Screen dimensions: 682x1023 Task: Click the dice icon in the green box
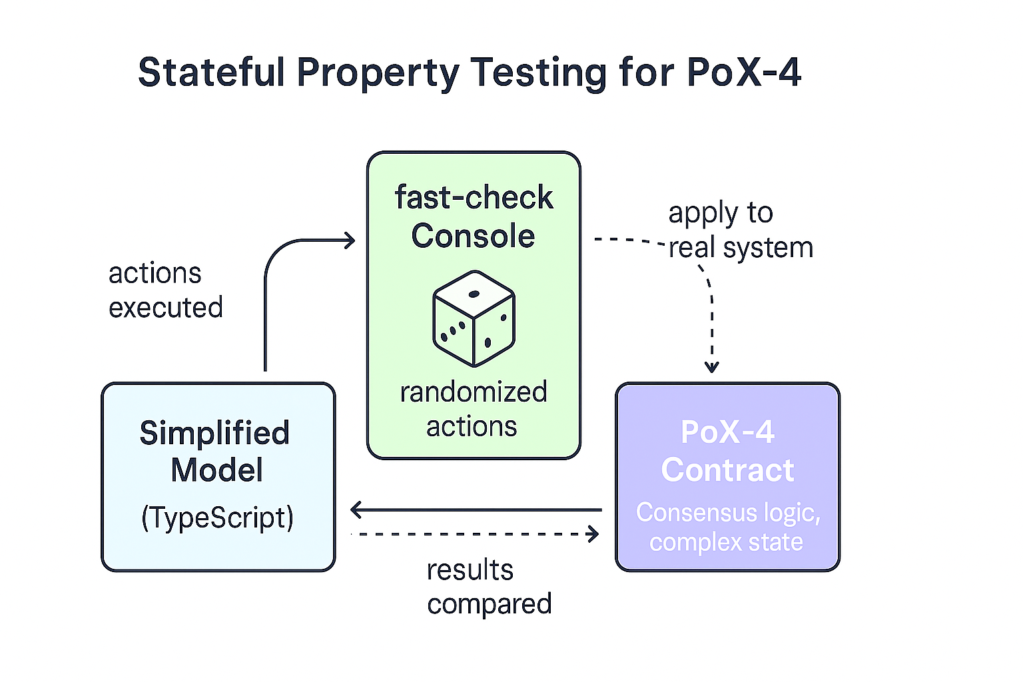(474, 318)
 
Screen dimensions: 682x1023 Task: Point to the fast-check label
(474, 197)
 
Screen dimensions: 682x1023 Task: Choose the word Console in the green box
(473, 236)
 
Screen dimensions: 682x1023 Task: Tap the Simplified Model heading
(216, 452)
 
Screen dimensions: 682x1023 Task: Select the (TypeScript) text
(217, 518)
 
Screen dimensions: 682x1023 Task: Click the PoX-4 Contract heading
(727, 451)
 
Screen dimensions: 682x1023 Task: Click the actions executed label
(165, 290)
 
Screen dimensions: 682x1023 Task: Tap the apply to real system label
(739, 230)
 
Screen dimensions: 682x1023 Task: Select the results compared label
(489, 587)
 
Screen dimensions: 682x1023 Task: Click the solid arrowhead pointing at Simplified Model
(356, 510)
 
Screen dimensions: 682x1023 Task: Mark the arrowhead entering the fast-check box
(350, 240)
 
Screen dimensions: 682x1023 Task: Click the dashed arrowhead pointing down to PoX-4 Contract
(712, 367)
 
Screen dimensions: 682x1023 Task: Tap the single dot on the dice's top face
(474, 294)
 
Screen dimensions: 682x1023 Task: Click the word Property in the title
(378, 73)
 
